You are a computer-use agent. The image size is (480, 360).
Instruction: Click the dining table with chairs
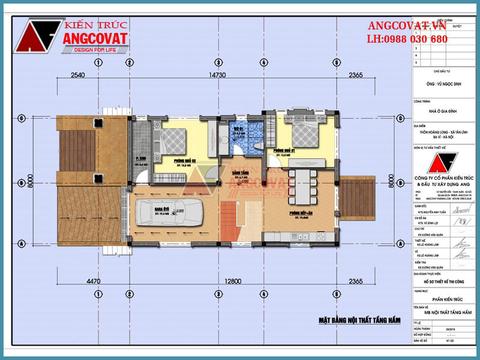(305, 185)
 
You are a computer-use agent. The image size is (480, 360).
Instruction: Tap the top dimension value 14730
(217, 75)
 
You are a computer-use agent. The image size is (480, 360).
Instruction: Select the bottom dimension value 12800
(217, 280)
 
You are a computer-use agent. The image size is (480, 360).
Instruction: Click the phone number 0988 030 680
(415, 39)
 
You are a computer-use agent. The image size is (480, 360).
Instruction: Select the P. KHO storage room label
(142, 159)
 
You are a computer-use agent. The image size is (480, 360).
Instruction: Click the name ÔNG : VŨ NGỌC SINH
(442, 86)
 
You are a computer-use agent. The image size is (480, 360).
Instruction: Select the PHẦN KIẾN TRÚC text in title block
(443, 298)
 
